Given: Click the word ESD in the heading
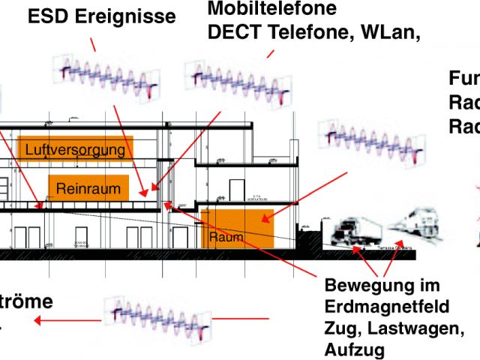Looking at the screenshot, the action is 50,16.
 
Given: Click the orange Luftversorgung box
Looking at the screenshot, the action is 76,149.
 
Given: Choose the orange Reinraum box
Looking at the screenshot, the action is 88,188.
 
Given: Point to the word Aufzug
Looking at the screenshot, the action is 355,349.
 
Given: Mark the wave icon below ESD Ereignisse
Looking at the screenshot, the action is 108,77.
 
